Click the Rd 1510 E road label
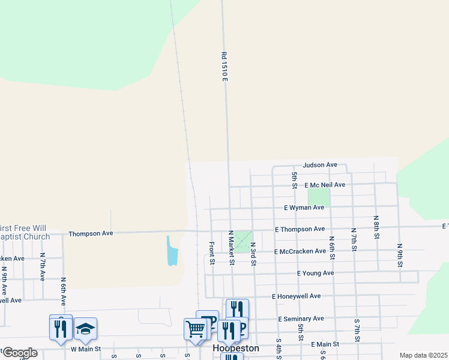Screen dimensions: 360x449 pyautogui.click(x=224, y=67)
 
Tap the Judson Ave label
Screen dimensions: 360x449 pyautogui.click(x=320, y=165)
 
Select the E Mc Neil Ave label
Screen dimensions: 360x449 pyautogui.click(x=325, y=185)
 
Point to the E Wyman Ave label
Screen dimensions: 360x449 pyautogui.click(x=304, y=208)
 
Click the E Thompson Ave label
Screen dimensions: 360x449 pyautogui.click(x=300, y=229)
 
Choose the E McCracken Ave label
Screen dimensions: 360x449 pyautogui.click(x=300, y=252)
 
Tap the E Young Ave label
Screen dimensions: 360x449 pyautogui.click(x=315, y=273)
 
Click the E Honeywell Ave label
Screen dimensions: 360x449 pyautogui.click(x=296, y=296)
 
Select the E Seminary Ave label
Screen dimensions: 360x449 pyautogui.click(x=301, y=319)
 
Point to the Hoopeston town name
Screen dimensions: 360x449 pyautogui.click(x=236, y=349)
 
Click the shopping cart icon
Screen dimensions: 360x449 pyautogui.click(x=195, y=329)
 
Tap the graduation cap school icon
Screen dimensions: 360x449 pyautogui.click(x=86, y=328)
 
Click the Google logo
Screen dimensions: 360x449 pyautogui.click(x=19, y=353)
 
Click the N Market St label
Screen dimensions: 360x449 pyautogui.click(x=231, y=247)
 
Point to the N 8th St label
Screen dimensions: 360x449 pyautogui.click(x=376, y=227)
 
